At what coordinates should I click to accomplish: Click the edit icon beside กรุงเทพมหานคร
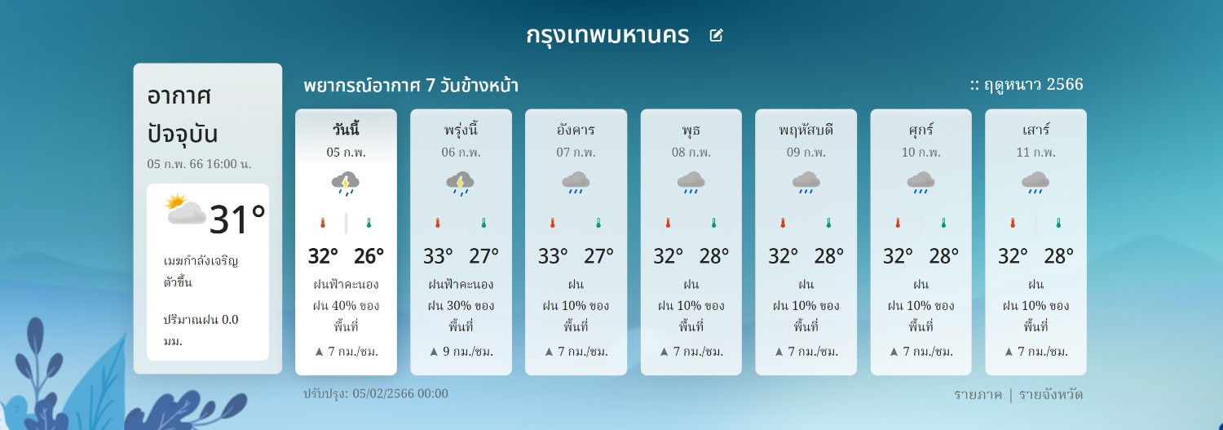716,36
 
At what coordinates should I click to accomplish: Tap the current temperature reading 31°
237,219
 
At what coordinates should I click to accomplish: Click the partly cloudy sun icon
186,209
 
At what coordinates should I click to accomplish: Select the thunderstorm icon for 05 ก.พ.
346,183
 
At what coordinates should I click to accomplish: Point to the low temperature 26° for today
369,255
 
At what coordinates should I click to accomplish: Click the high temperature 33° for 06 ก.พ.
438,255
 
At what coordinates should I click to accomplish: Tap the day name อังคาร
576,130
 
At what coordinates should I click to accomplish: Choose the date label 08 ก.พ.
691,153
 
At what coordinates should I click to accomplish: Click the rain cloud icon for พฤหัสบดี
806,183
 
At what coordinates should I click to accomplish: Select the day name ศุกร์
921,130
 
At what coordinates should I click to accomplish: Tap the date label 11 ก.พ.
1035,153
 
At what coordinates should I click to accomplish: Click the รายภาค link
978,394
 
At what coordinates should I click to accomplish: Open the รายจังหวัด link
1051,394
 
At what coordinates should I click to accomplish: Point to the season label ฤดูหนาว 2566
1034,85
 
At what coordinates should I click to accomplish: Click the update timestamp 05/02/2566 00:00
400,393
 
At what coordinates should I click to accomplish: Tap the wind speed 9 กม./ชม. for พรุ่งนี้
468,352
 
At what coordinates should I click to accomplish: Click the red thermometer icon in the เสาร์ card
1013,223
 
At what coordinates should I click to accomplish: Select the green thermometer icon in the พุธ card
713,223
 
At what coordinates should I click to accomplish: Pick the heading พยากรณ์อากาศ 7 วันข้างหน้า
411,86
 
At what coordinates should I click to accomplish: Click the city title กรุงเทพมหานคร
607,36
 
